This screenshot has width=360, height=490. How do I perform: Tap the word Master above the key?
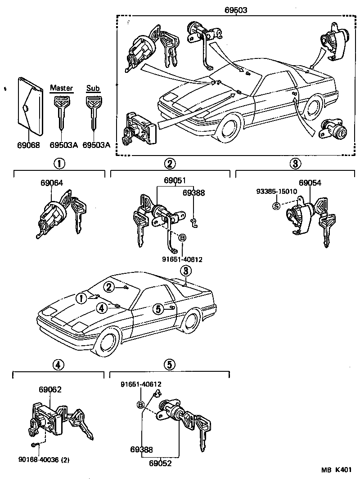[x=61, y=88]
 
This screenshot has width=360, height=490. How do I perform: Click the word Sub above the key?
[x=93, y=88]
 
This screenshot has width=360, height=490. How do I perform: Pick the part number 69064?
[x=52, y=183]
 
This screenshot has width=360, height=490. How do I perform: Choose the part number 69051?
[x=175, y=181]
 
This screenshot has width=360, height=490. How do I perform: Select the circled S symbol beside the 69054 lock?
[x=276, y=206]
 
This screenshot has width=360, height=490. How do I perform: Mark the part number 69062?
[x=50, y=390]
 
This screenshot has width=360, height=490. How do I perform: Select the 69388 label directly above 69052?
[x=142, y=449]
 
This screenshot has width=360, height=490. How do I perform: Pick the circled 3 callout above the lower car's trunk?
[x=185, y=271]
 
